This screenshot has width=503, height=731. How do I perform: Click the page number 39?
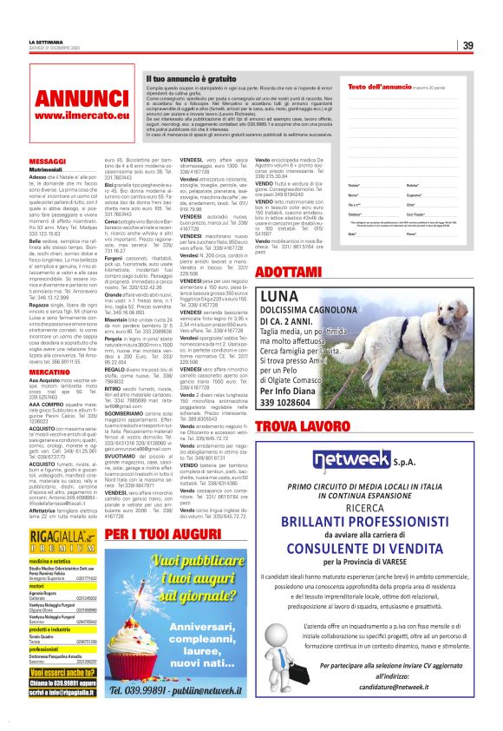point(467,45)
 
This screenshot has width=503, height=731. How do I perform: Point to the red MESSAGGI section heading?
point(47,161)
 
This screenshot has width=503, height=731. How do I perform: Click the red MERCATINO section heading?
point(49,372)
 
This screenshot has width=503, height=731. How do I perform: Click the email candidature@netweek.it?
point(365,686)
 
